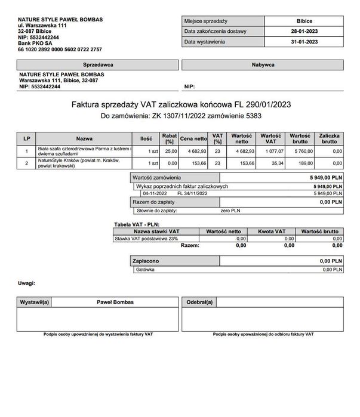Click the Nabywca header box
click(262, 63)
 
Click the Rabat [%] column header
click(168, 138)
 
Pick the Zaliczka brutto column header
click(330, 138)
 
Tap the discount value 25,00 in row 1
click(171, 152)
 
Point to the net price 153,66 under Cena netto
click(198, 162)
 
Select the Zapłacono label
click(145, 261)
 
